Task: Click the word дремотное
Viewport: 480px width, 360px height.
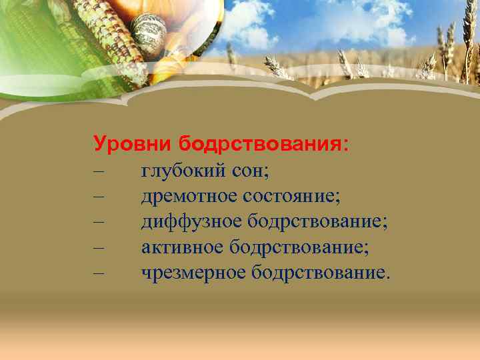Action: tap(189, 197)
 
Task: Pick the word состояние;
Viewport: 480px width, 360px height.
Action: tap(291, 197)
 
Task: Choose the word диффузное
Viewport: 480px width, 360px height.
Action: tap(191, 221)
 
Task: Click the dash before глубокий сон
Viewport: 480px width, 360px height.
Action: tap(99, 172)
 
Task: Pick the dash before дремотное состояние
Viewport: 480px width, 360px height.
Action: tap(99, 197)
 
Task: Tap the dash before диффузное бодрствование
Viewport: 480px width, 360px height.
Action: tap(99, 222)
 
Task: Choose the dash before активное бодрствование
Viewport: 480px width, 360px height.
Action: tap(99, 247)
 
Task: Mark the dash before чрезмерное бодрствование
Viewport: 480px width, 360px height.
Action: tap(99, 273)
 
